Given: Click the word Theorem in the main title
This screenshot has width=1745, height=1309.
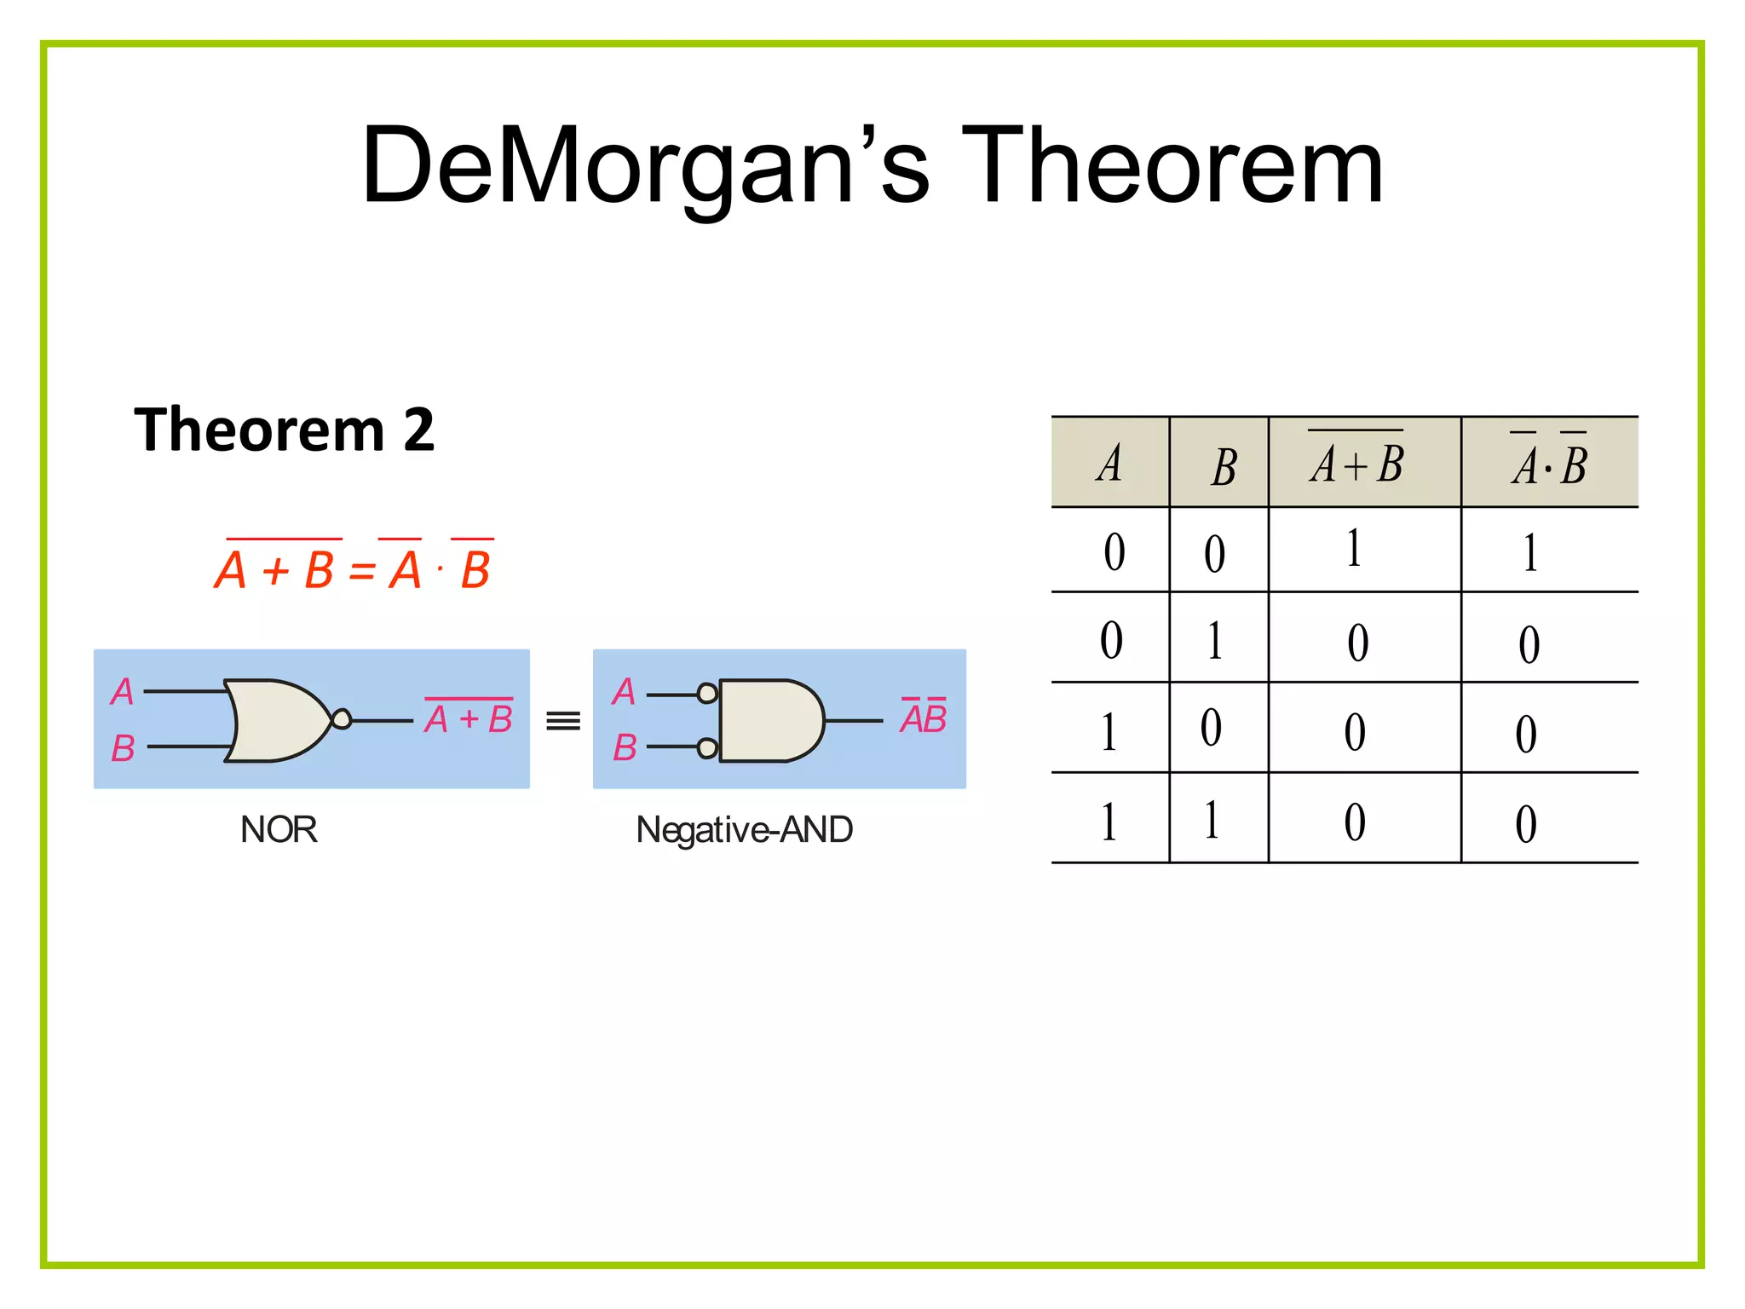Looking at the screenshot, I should (x=1172, y=166).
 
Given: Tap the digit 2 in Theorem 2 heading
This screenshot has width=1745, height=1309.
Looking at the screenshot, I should (x=418, y=430).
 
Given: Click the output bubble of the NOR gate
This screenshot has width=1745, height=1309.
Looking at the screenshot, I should (x=342, y=719).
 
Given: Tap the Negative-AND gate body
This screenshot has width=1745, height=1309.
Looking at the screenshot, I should (x=767, y=720).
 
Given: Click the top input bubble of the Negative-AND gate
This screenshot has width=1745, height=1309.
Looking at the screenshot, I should (x=707, y=694).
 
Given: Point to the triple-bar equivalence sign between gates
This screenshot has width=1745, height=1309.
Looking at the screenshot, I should (x=562, y=721).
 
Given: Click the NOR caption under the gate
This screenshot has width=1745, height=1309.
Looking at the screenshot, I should (x=279, y=829).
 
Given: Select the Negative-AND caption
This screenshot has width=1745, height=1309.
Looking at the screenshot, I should (x=744, y=829).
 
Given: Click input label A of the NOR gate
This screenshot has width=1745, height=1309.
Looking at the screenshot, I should (x=123, y=691).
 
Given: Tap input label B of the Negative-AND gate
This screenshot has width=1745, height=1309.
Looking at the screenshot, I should (x=625, y=748).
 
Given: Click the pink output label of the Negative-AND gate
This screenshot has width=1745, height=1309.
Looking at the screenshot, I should (x=924, y=718).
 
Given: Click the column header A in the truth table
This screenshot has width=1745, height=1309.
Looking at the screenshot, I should (x=1109, y=464).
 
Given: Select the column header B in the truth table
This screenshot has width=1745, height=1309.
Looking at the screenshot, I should (x=1224, y=467).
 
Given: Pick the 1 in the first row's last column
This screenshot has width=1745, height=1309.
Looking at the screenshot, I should (x=1530, y=552).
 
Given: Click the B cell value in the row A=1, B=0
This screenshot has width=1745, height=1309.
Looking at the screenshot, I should (x=1211, y=728).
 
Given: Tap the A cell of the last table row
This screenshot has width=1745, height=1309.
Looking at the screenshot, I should (x=1109, y=822).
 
